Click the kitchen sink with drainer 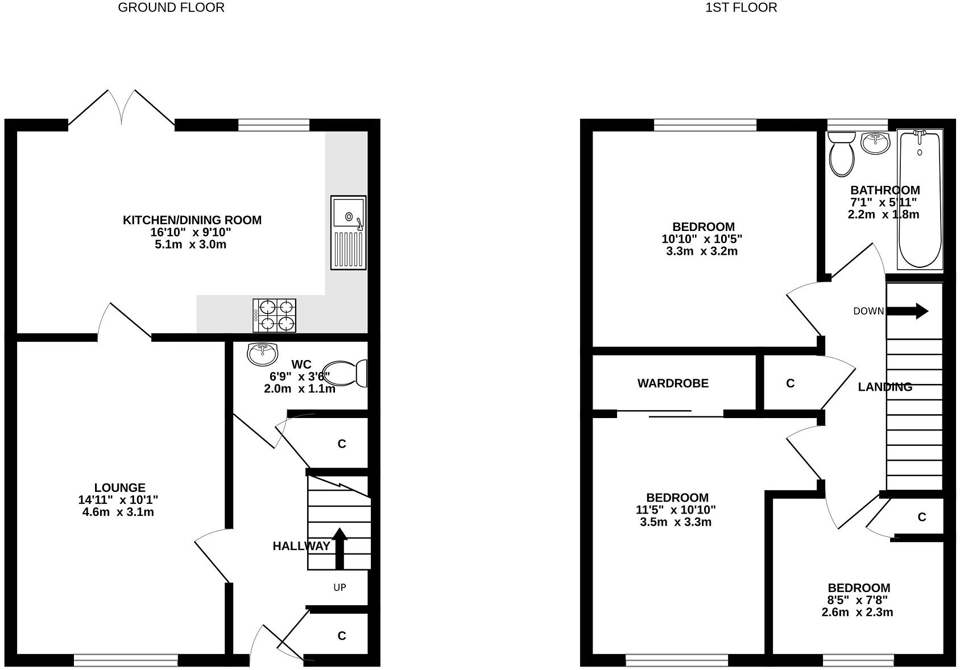(348, 233)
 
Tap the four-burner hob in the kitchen (275, 316)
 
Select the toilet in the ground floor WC (346, 373)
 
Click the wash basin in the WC (262, 353)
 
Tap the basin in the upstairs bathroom (876, 143)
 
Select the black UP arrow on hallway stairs (340, 548)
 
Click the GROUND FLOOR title (171, 7)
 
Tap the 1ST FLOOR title (741, 7)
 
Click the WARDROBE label (673, 383)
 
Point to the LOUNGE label (119, 487)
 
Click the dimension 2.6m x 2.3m (857, 612)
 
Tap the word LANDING (885, 387)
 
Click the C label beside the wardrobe (790, 383)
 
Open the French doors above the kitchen (121, 108)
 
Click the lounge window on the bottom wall (126, 660)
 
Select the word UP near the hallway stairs (340, 588)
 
